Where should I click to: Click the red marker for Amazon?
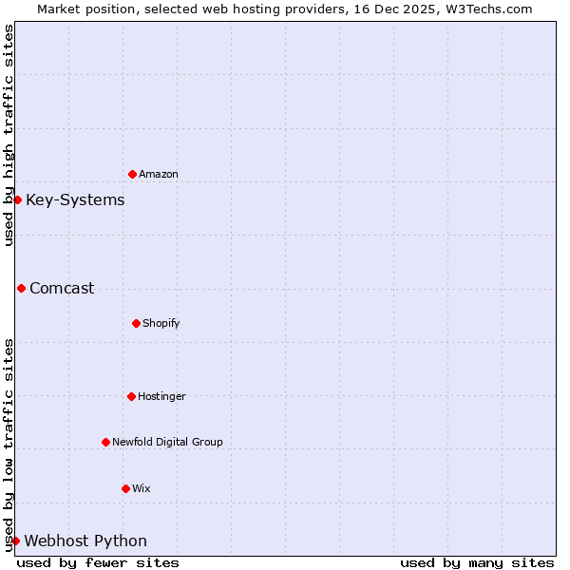click(x=132, y=174)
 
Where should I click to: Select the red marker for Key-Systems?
click(x=17, y=199)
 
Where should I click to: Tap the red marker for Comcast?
click(x=21, y=288)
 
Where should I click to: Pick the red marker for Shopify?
click(x=136, y=323)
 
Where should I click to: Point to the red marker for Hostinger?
click(x=131, y=396)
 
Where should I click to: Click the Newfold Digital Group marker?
click(x=105, y=442)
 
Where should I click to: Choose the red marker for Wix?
click(x=125, y=488)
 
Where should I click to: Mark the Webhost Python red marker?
click(x=15, y=541)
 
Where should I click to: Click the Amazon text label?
click(x=159, y=175)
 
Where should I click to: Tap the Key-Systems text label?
click(x=75, y=200)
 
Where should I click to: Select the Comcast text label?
click(x=62, y=289)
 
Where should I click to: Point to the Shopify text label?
click(x=161, y=324)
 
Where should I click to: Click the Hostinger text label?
click(x=162, y=397)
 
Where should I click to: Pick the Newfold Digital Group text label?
click(x=168, y=443)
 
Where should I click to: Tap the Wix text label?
click(x=142, y=489)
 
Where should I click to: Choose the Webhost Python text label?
click(x=85, y=541)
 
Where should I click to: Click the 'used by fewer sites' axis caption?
click(x=98, y=562)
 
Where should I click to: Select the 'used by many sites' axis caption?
click(x=477, y=562)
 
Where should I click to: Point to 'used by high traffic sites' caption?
click(x=9, y=135)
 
